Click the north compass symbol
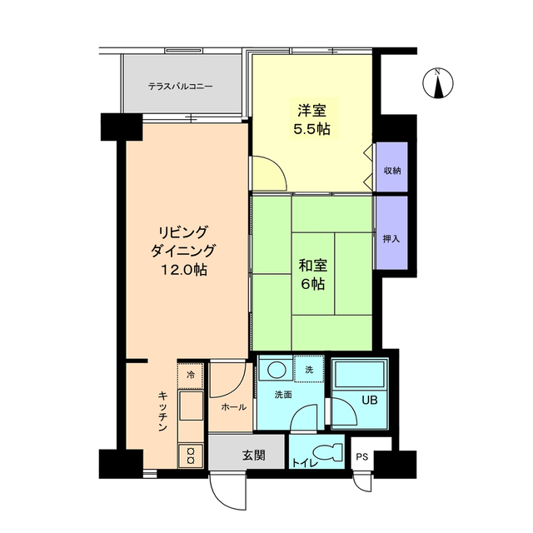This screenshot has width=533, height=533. [438, 83]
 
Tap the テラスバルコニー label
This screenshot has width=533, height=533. [180, 87]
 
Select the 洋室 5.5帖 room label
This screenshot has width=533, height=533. [312, 120]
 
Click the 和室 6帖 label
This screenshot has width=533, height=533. [312, 275]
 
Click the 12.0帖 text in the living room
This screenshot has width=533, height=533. [184, 270]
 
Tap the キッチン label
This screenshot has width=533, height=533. [163, 411]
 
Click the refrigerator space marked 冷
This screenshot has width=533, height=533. [191, 376]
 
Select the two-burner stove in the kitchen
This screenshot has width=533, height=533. [191, 456]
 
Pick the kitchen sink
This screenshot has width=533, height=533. [191, 406]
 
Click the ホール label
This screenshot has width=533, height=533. [233, 407]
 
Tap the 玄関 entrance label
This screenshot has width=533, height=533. [254, 456]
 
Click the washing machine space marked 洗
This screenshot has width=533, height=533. [309, 369]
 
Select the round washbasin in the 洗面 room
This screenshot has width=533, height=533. [276, 370]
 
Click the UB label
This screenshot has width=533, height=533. [370, 400]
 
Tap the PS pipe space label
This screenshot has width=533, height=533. [362, 456]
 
